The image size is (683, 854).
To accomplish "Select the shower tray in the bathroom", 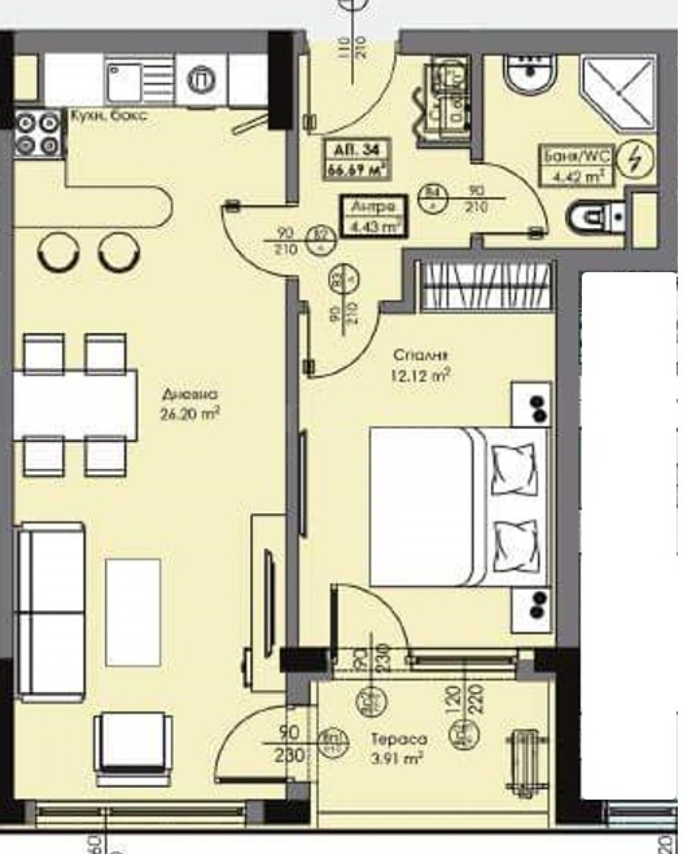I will point(617,91).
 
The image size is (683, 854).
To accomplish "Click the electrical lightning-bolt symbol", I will point(635,160).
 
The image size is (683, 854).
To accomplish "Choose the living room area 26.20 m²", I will point(190,413).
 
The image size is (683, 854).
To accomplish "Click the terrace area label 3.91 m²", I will point(397,757).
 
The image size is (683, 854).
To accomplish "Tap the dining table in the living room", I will point(75,405).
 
